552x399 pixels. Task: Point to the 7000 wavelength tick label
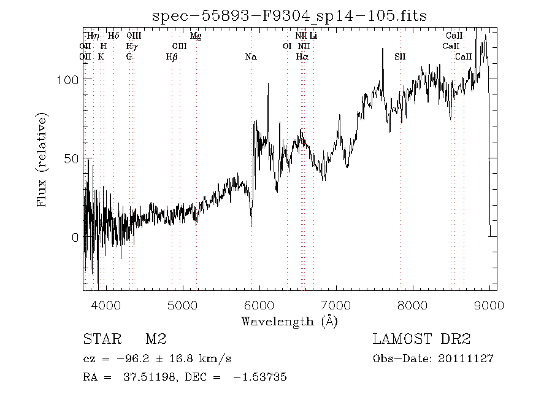[x=336, y=305]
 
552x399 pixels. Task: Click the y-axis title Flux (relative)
[x=42, y=158]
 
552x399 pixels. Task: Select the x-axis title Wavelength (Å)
[x=289, y=320]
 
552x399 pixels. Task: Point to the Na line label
[x=251, y=56]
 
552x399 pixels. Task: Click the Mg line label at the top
[x=196, y=36]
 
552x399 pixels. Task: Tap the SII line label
[x=400, y=56]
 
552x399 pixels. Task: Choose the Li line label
[x=313, y=36]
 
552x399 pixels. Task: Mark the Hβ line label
[x=172, y=56]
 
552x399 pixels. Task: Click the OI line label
[x=287, y=46]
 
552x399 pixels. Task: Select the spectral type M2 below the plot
[x=156, y=339]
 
